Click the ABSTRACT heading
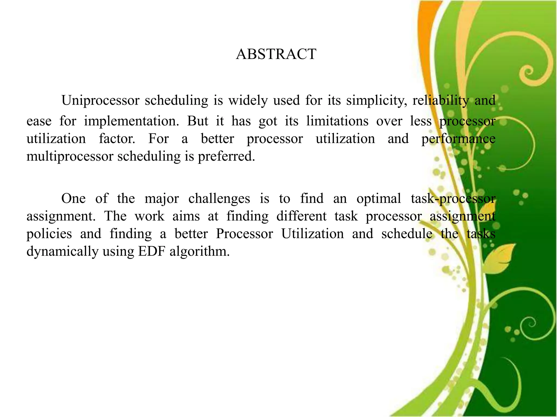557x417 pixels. [x=276, y=54]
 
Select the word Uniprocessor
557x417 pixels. [x=100, y=100]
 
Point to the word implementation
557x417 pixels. [x=131, y=121]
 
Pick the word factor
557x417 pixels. [x=117, y=139]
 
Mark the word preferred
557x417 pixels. [x=226, y=156]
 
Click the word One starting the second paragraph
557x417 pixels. [x=73, y=198]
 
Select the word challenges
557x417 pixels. [x=219, y=198]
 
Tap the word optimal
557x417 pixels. [x=379, y=198]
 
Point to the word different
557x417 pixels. [x=301, y=216]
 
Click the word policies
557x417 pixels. [x=49, y=234]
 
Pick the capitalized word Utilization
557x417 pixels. [x=312, y=234]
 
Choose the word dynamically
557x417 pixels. [x=62, y=251]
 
